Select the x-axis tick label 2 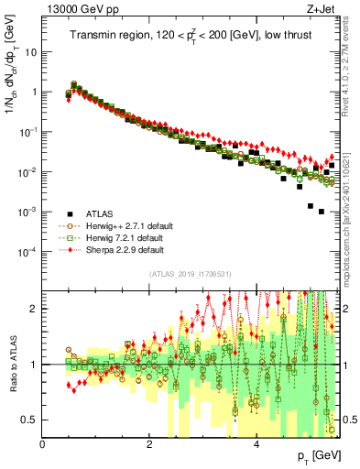(149, 444)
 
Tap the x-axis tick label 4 (256, 444)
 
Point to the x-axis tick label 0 (43, 444)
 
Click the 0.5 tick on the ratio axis (30, 420)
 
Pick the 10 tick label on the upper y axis (30, 52)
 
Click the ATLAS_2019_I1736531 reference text (189, 275)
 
